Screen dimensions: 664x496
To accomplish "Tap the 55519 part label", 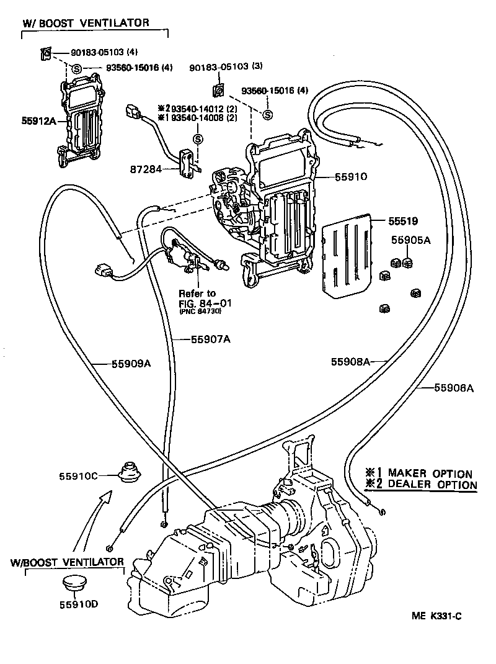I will click(404, 220).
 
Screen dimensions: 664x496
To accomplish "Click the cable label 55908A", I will click(351, 362).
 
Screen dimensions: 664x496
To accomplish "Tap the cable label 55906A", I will click(454, 388).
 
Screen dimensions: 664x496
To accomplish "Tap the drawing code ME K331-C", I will click(438, 616).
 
